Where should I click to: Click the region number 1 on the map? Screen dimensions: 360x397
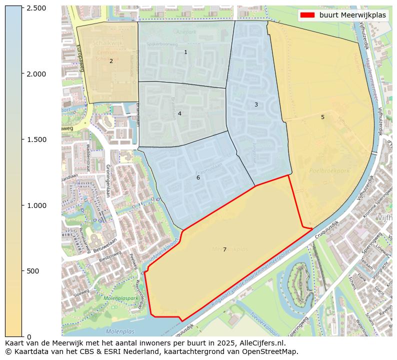pos(185,52)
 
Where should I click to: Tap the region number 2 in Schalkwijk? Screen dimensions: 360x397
pos(111,61)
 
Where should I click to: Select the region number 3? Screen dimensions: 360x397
pos(256,104)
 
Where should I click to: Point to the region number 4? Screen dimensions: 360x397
pos(179,113)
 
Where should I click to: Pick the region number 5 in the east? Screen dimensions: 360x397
pos(322,117)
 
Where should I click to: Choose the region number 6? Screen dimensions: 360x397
pos(198,177)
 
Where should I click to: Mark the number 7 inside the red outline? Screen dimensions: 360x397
pos(224,249)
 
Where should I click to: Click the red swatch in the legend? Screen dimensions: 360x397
pos(307,15)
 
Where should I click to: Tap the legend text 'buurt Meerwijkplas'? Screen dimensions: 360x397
pos(352,15)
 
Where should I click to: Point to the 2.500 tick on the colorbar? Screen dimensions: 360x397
pos(36,8)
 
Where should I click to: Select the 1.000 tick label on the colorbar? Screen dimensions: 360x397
pos(36,205)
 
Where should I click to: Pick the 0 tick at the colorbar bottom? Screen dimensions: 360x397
pos(29,336)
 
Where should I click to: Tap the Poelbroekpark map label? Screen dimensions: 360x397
pos(329,170)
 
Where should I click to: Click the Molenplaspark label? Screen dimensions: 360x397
pos(121,298)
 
